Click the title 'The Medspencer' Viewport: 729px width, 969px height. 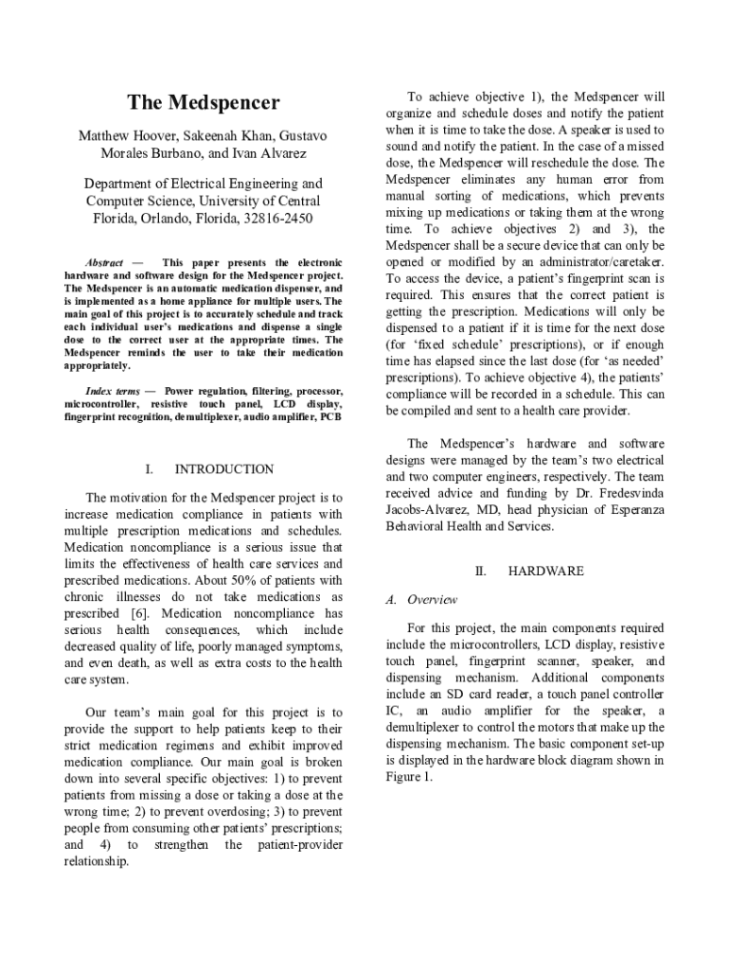click(204, 102)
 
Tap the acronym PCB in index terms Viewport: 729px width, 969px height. click(331, 416)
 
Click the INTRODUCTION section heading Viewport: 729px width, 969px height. click(224, 469)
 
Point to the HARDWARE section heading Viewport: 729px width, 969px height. click(545, 572)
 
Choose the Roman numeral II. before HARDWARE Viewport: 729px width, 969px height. click(480, 572)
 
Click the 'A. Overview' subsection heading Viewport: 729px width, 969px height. click(421, 600)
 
